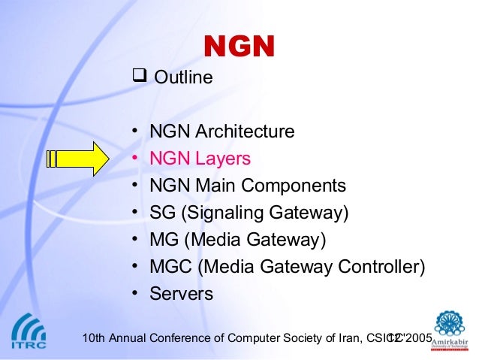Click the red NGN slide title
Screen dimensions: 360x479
[239, 47]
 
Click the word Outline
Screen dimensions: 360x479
[183, 77]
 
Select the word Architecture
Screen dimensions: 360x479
[245, 132]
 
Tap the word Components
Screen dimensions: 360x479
[300, 186]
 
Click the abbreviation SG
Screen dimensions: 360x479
[162, 213]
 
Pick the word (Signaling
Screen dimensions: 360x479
[220, 213]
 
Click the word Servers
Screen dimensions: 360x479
[181, 295]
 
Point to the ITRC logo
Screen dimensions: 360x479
[28, 334]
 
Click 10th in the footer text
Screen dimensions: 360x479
[92, 338]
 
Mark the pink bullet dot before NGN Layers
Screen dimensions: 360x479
[134, 159]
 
